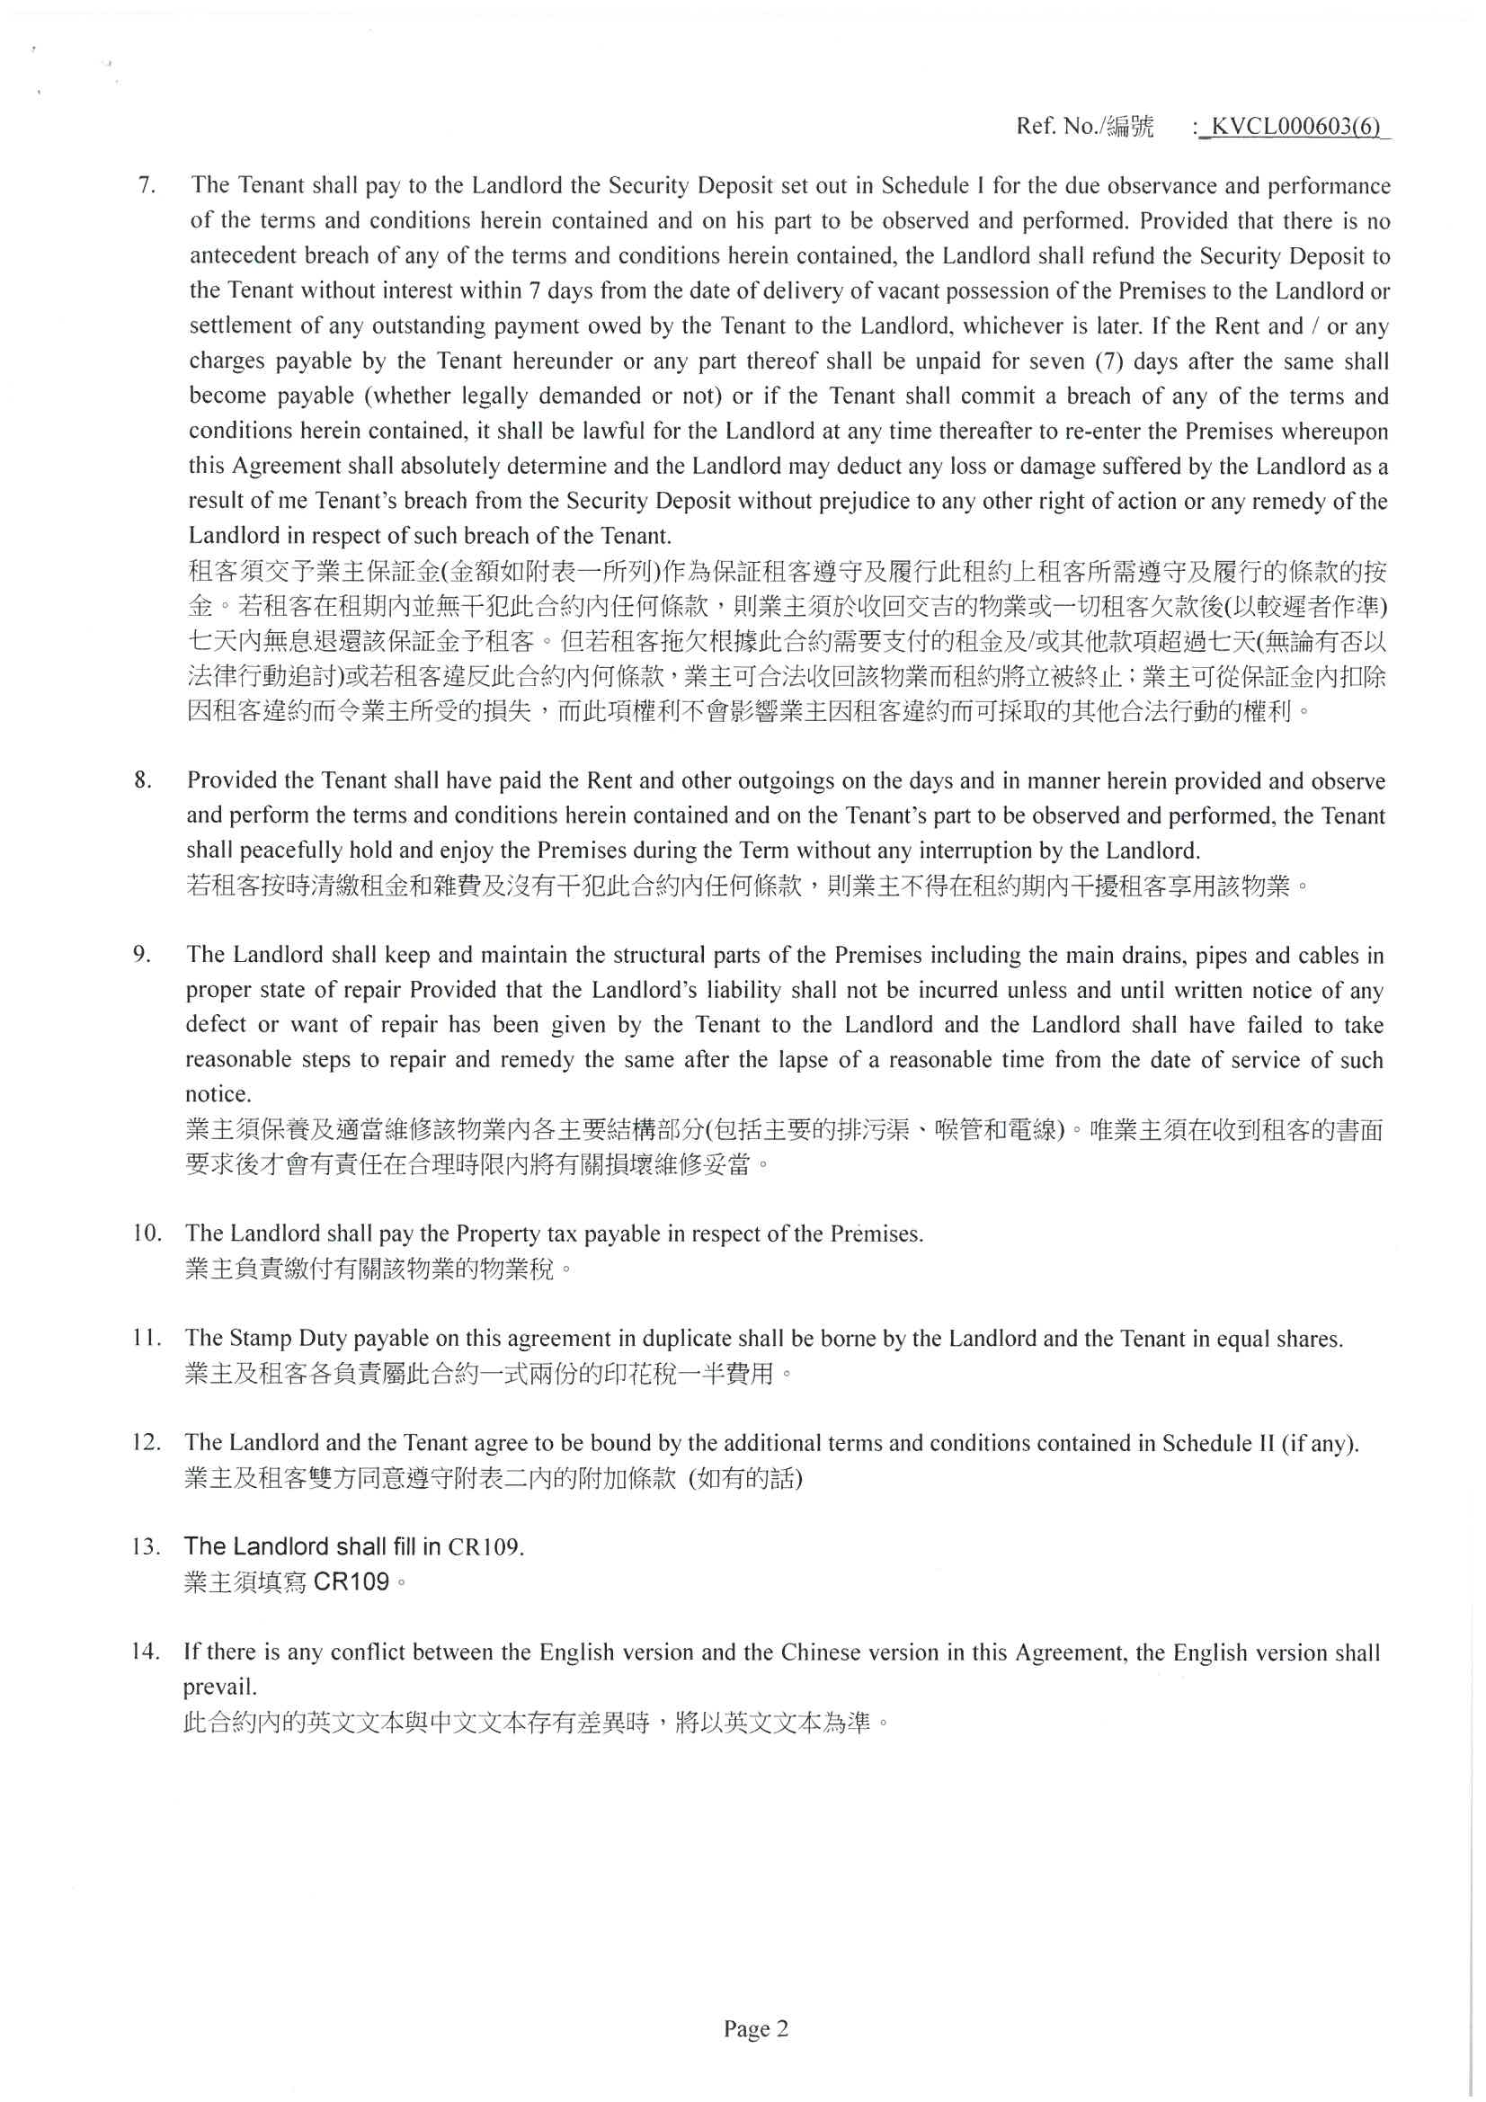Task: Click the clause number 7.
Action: coord(146,185)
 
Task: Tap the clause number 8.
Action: coord(143,780)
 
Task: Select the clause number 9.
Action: coord(142,954)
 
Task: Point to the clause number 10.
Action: coord(147,1233)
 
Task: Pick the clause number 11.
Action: coord(147,1338)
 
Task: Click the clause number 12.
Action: coord(147,1442)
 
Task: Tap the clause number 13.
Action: coord(147,1546)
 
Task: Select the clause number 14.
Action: coord(147,1652)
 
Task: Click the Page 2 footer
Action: coord(755,2029)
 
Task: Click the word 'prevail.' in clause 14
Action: coord(219,1687)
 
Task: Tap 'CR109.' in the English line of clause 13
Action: coord(485,1547)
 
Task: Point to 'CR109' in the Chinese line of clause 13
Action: coord(351,1581)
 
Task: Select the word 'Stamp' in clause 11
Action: coord(261,1339)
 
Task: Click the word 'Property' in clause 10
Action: coord(498,1234)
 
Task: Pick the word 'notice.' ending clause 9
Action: coord(218,1094)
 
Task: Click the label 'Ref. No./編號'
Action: coord(1085,127)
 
